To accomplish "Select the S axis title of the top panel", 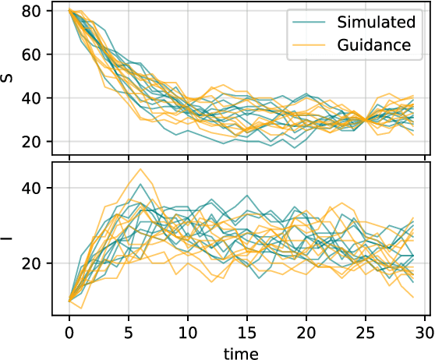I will pyautogui.click(x=9, y=77).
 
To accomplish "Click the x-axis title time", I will pyautogui.click(x=241, y=352).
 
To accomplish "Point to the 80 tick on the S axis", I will pyautogui.click(x=34, y=11).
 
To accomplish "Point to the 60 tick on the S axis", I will pyautogui.click(x=34, y=55).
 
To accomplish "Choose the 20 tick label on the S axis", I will pyautogui.click(x=34, y=142).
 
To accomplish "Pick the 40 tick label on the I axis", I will pyautogui.click(x=34, y=188).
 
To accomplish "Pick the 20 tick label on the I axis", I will pyautogui.click(x=34, y=263).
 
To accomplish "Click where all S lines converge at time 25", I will pyautogui.click(x=365, y=119).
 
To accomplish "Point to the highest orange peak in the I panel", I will pyautogui.click(x=140, y=169).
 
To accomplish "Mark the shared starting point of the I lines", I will pyautogui.click(x=69, y=301).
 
